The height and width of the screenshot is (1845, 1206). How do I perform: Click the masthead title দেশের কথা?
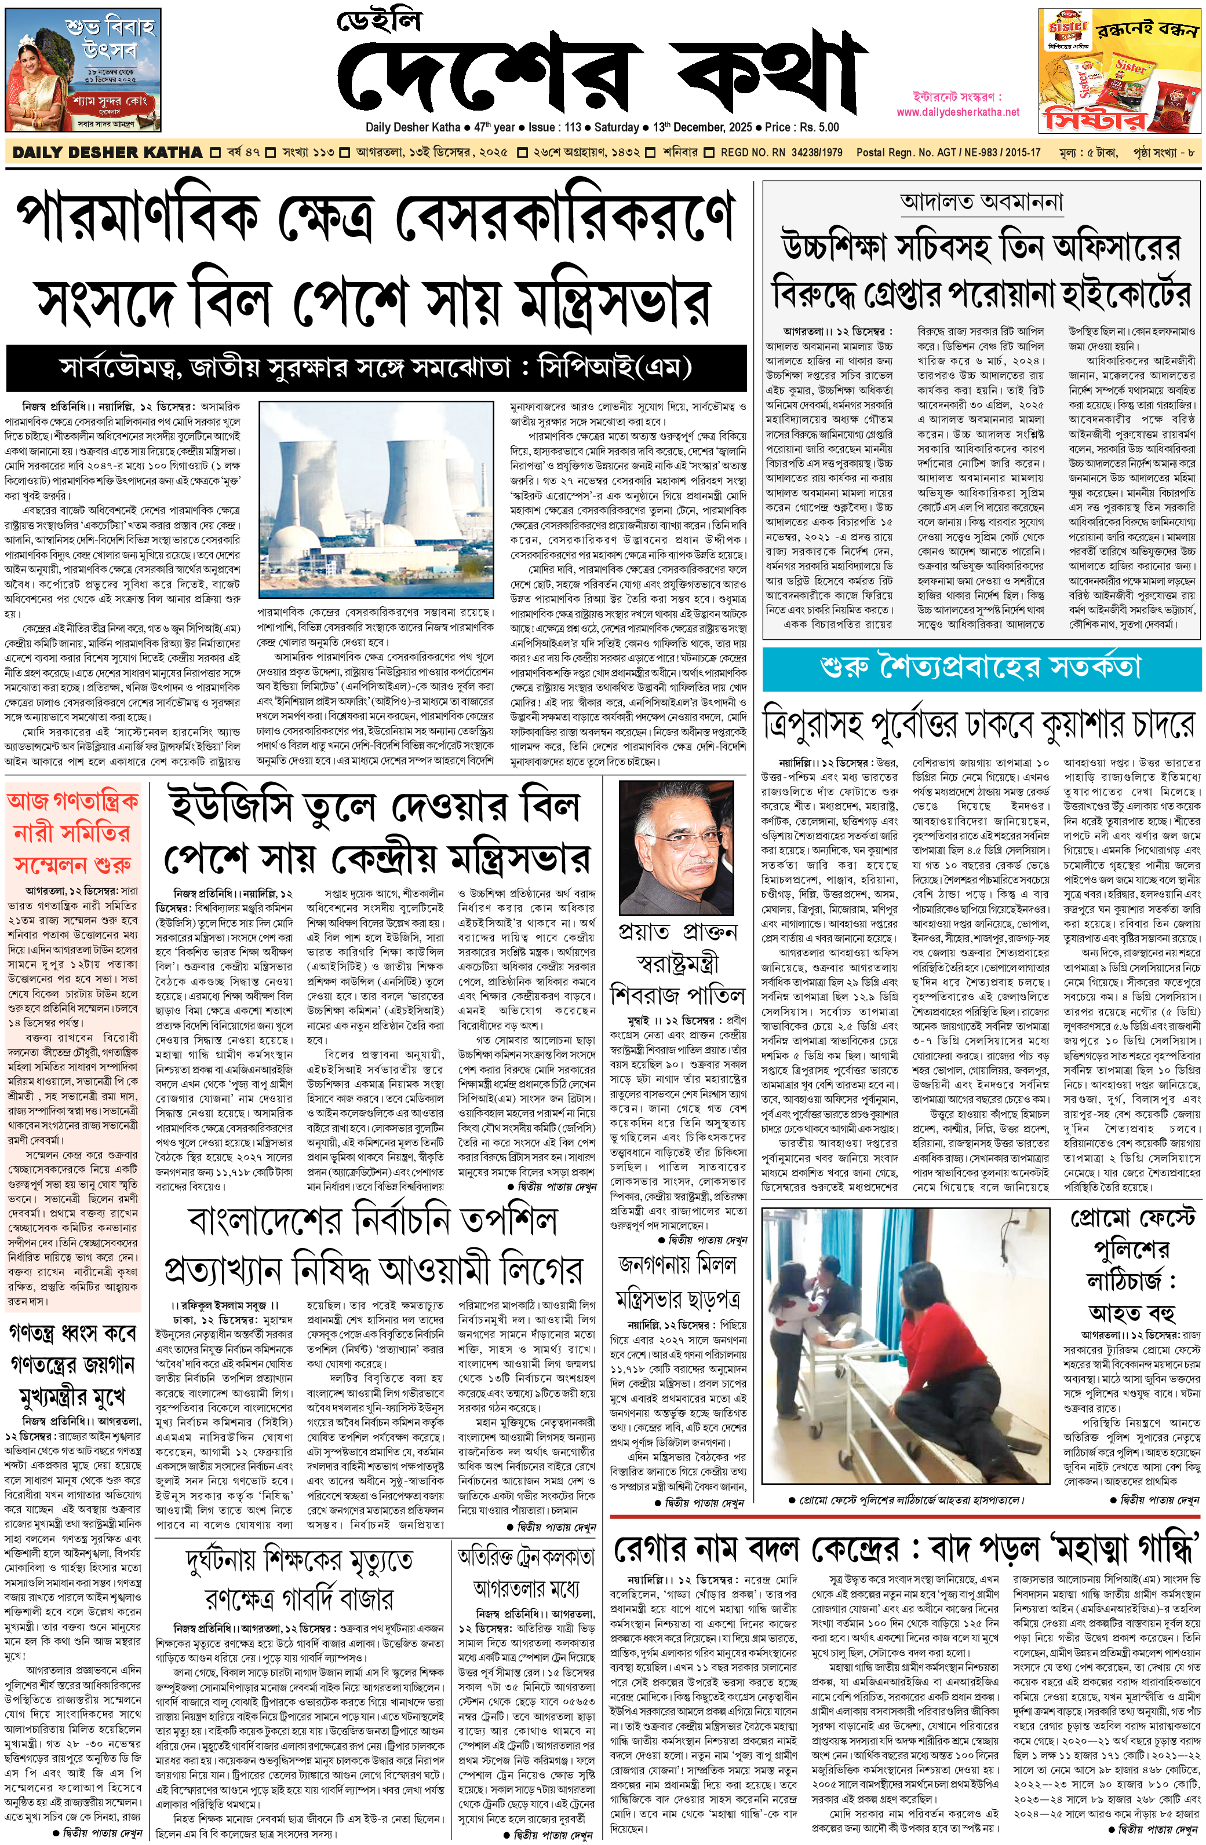pyautogui.click(x=601, y=74)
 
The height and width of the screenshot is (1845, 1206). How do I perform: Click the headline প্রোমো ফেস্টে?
pyautogui.click(x=1132, y=1220)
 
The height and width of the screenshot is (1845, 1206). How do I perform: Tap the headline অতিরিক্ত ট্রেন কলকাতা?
pyautogui.click(x=526, y=1557)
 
